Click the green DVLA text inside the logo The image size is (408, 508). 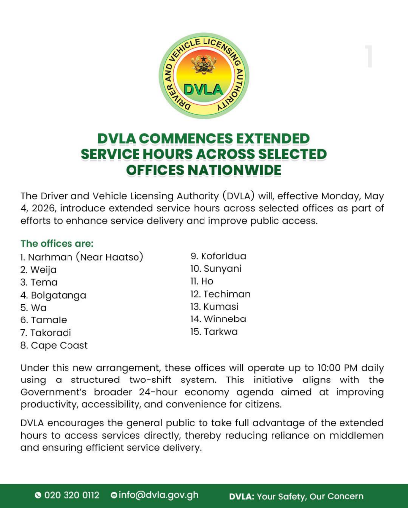(204, 90)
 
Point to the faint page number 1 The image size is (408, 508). (369, 57)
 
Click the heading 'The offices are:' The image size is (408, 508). (57, 244)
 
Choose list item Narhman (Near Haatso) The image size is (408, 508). (82, 257)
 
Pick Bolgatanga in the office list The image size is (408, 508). (58, 295)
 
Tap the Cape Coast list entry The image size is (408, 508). (59, 345)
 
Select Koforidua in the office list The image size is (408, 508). (223, 256)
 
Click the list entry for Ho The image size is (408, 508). (207, 281)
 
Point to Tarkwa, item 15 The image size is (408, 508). (220, 332)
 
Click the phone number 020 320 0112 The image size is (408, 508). (72, 495)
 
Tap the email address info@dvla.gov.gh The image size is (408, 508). (158, 495)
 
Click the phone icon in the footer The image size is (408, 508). (38, 495)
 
